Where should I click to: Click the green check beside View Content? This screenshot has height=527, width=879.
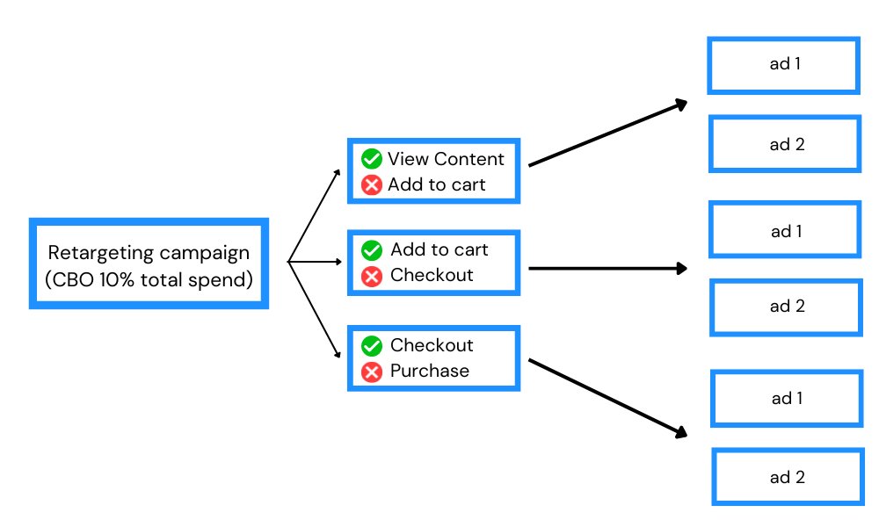(372, 159)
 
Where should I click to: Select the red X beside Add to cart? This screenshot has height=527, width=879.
(372, 184)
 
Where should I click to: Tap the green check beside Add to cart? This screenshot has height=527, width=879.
(372, 249)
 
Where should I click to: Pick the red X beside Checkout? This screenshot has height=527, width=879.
(372, 276)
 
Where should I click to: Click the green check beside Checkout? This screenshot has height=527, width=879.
(372, 345)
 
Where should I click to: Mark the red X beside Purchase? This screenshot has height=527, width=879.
(372, 372)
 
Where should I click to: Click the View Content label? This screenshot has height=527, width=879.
(446, 159)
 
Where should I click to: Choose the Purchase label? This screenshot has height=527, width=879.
(430, 371)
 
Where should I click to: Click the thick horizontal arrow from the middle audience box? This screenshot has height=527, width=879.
(607, 269)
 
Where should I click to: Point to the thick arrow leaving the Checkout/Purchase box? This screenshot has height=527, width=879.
(607, 396)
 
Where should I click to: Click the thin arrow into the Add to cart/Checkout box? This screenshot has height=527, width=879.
(316, 262)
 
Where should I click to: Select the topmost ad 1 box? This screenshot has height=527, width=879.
(783, 64)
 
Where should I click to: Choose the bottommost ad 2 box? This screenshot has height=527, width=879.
(786, 478)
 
